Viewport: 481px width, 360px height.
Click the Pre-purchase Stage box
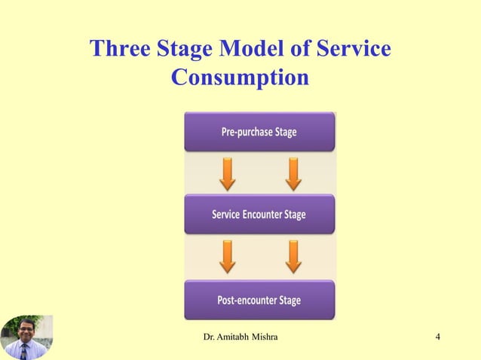(259, 132)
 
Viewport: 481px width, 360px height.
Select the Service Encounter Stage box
(259, 215)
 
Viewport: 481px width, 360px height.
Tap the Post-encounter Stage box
(259, 301)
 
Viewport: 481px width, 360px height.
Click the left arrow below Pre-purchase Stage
(227, 173)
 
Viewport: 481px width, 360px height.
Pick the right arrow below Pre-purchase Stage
(293, 173)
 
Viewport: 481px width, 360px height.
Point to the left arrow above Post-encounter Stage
(227, 257)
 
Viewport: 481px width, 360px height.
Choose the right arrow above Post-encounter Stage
(293, 257)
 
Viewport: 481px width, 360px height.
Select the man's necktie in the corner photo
(24, 352)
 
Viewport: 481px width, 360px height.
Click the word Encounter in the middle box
(263, 215)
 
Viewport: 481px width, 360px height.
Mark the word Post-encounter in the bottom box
(247, 301)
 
